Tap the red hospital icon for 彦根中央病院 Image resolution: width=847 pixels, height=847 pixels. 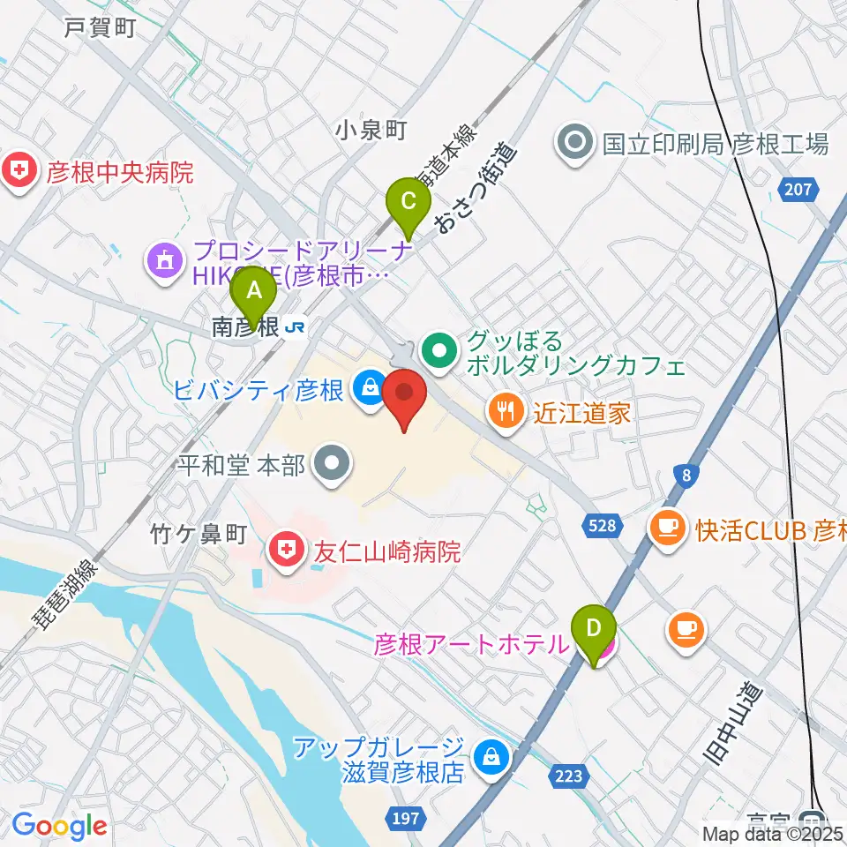coord(18,171)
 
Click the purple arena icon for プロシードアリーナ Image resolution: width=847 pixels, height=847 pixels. coord(165,260)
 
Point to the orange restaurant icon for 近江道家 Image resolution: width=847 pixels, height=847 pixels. coord(506,411)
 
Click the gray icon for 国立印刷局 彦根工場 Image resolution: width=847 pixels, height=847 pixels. coord(575,143)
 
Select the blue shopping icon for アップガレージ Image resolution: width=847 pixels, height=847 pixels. coord(486,756)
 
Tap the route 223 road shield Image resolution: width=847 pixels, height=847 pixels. coord(570,775)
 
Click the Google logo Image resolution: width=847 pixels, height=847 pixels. coord(59,826)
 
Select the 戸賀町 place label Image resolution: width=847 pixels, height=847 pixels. coord(99,27)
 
